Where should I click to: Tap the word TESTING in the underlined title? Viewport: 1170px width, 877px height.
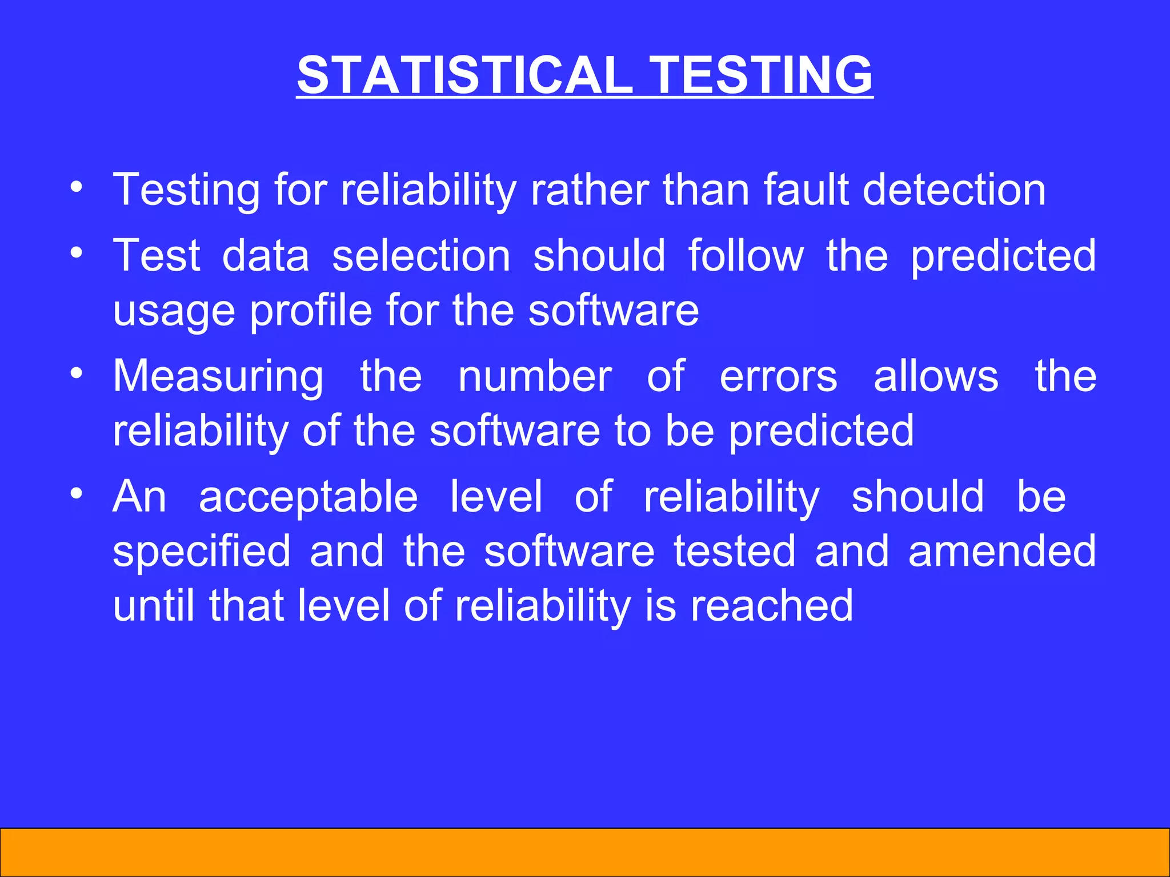[x=762, y=75]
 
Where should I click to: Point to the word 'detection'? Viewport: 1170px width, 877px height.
[x=954, y=190]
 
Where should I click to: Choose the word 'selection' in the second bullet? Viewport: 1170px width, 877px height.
[x=421, y=255]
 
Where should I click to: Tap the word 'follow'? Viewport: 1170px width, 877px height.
[x=746, y=255]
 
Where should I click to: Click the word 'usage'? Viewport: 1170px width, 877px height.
[x=174, y=312]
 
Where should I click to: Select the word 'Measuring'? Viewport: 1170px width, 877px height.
[x=218, y=377]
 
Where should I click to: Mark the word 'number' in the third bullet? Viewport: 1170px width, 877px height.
[x=535, y=377]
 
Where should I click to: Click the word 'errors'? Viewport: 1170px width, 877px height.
[x=778, y=377]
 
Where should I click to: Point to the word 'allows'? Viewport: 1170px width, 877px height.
[x=936, y=377]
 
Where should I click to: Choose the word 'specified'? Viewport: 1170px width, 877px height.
[x=202, y=552]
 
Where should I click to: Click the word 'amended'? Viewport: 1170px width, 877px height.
[x=1002, y=552]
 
